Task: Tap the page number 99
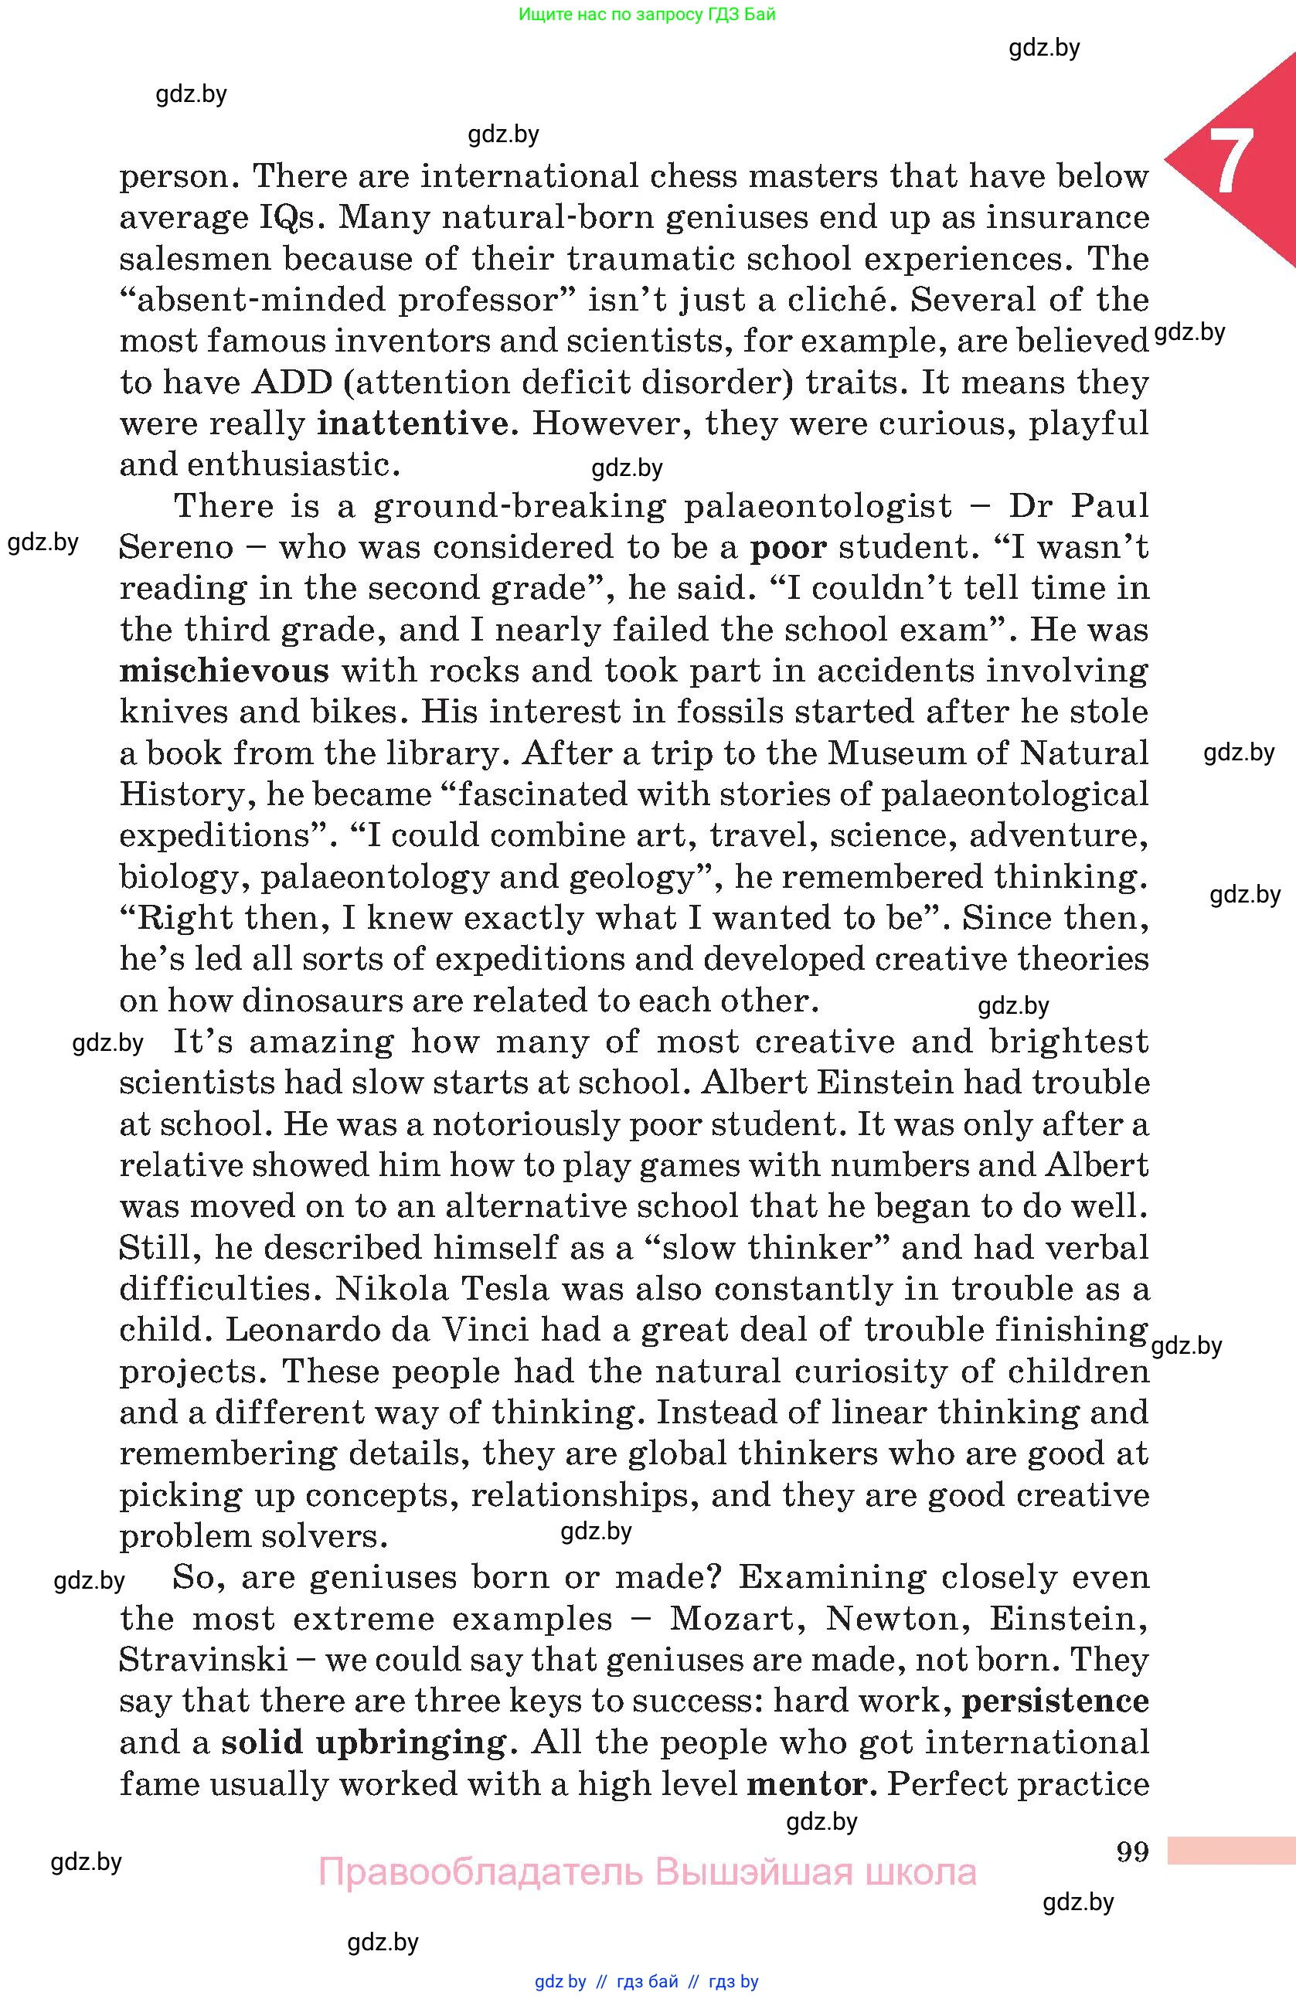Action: coord(1132,1851)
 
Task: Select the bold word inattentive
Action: coord(413,423)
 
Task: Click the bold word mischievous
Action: coord(224,670)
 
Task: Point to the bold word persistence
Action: coord(1055,1701)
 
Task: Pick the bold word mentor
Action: coord(805,1783)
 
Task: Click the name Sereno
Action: coord(176,547)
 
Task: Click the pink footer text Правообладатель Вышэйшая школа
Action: coord(647,1873)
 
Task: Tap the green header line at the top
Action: coord(647,14)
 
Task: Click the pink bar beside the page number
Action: coord(1230,1851)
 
